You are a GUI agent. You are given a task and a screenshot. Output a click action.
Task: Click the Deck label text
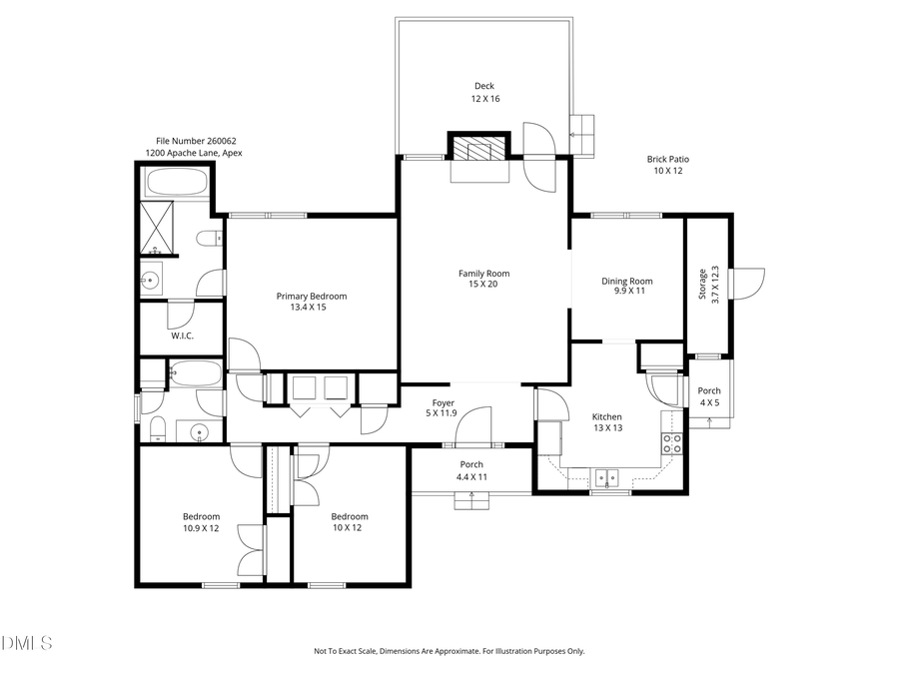(483, 87)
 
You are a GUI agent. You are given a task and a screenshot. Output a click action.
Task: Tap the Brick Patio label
(667, 159)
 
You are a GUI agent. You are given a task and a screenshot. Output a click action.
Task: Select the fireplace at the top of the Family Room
(478, 151)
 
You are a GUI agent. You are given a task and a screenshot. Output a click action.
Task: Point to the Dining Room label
(626, 282)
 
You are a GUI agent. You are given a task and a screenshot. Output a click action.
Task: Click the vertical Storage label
(702, 285)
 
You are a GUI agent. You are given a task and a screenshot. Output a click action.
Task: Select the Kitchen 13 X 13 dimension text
(606, 429)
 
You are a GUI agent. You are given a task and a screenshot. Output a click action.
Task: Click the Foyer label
(443, 402)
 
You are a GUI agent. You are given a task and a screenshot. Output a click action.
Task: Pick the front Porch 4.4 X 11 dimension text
(470, 477)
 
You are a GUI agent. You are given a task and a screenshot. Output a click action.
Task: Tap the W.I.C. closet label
(182, 336)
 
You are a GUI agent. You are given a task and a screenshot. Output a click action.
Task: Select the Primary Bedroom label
(312, 296)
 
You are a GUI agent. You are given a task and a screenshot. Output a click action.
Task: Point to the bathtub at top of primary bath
(176, 183)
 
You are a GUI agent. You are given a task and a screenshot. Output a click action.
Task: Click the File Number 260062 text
(196, 141)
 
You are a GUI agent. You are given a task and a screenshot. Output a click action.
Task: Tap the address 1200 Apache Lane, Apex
(194, 153)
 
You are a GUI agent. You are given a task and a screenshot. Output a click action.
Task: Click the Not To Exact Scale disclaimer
(449, 651)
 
